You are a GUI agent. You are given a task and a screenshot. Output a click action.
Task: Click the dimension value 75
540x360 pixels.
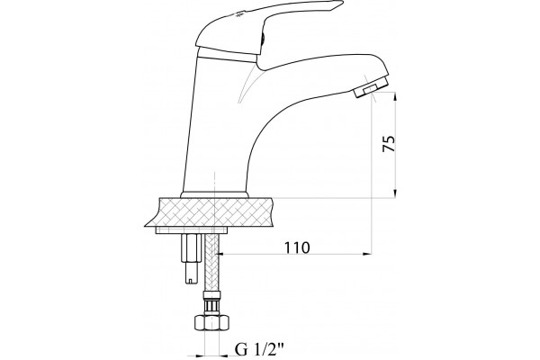click(x=389, y=144)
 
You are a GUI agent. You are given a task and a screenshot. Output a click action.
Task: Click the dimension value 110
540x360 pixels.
click(x=297, y=247)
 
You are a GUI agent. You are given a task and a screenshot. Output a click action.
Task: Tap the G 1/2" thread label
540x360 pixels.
click(x=259, y=350)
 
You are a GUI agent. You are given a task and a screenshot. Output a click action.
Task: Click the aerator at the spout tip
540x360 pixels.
click(x=372, y=86)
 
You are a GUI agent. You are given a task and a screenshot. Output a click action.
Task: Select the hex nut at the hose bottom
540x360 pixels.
click(x=211, y=323)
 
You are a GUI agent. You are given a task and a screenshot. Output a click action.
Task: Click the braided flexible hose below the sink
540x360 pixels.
click(x=211, y=263)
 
